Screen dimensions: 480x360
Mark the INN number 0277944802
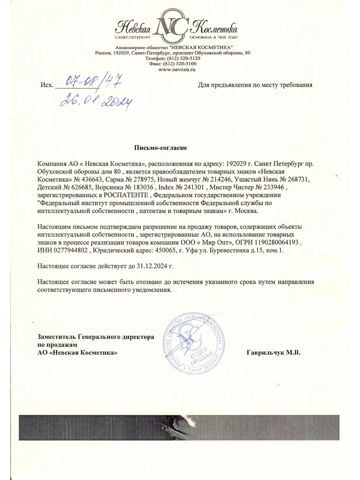(x=68, y=250)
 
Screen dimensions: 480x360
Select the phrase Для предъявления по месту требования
(x=255, y=85)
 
